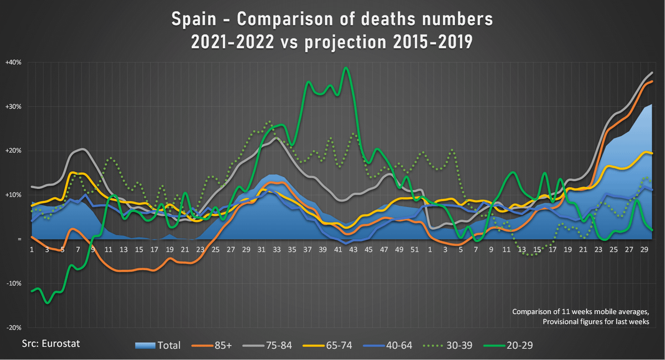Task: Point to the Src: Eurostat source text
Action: click(51, 343)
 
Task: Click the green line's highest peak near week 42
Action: click(346, 68)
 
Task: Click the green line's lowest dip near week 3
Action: click(48, 303)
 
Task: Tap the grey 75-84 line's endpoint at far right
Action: click(652, 73)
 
